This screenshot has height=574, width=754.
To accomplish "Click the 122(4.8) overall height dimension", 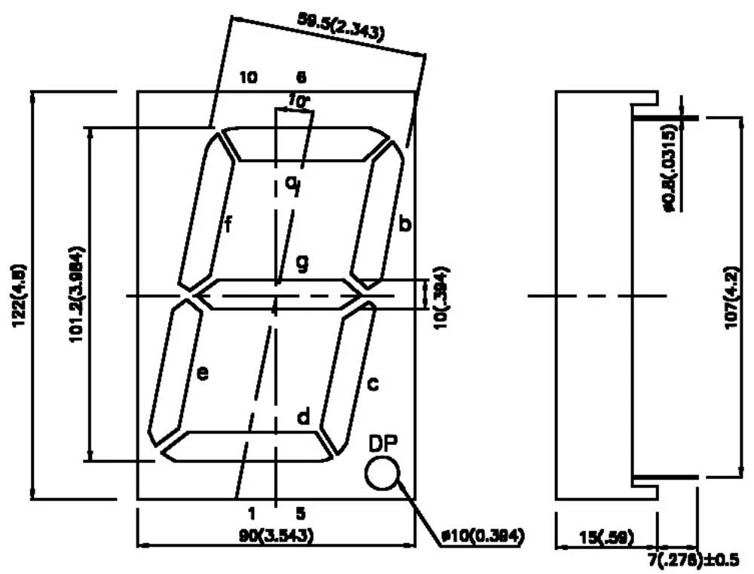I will click(x=16, y=294).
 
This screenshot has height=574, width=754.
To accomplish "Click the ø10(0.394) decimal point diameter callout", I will click(x=482, y=536).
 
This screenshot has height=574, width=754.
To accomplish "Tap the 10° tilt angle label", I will click(x=299, y=100).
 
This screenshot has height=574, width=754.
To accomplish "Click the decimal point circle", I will click(x=382, y=474).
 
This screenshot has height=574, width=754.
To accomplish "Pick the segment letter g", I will click(x=302, y=263).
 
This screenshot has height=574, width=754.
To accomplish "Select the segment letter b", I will click(x=405, y=224).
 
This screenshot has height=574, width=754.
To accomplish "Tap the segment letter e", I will click(x=202, y=373).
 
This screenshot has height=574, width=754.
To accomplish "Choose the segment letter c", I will click(x=372, y=384).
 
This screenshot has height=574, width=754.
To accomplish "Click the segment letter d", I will click(x=302, y=416).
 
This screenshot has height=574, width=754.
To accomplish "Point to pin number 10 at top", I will click(x=249, y=77).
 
